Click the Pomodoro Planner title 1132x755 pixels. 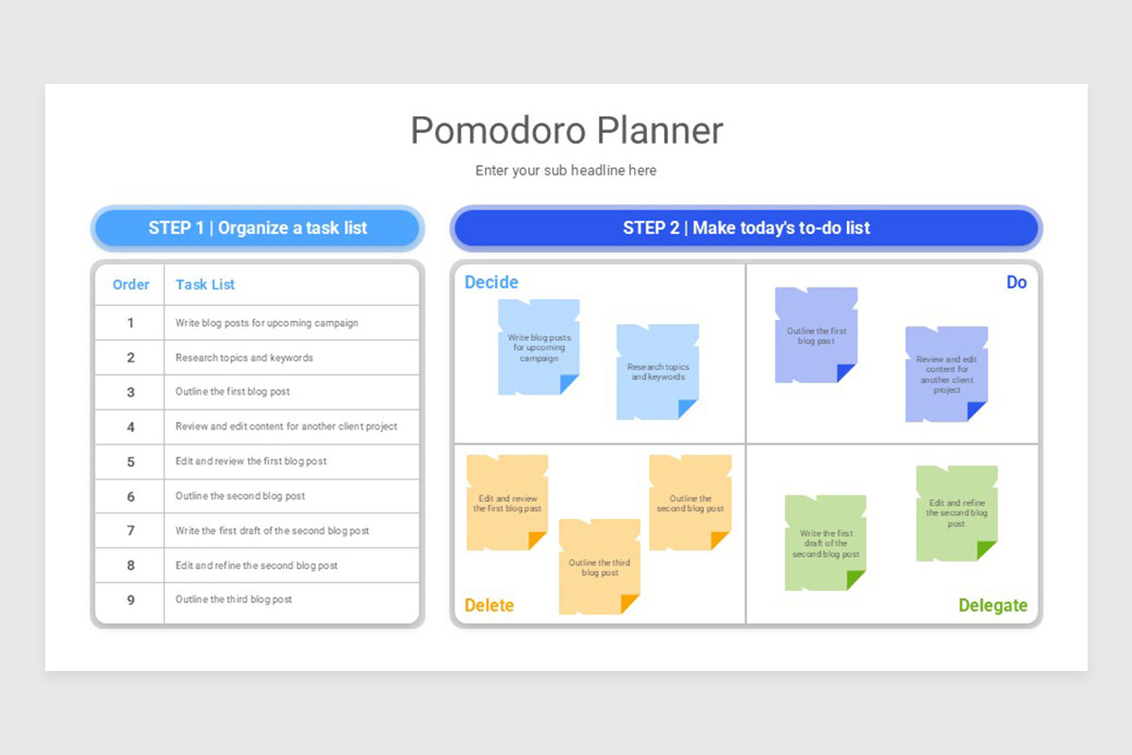click(x=566, y=130)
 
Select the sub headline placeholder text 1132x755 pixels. click(x=566, y=171)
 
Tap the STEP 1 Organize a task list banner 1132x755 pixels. click(x=258, y=227)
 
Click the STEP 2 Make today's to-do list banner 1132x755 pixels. click(x=746, y=227)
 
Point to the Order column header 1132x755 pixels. click(x=131, y=284)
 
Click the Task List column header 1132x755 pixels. click(x=205, y=284)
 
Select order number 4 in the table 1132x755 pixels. click(x=131, y=427)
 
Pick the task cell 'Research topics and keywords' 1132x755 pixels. click(x=244, y=358)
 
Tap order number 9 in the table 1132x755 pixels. click(x=131, y=599)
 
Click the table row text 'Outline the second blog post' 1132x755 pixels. click(x=241, y=496)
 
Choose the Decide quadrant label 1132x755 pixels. click(x=491, y=282)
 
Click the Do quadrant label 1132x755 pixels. click(x=1016, y=282)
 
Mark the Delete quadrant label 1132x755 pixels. click(x=490, y=605)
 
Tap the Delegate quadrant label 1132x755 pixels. click(x=992, y=605)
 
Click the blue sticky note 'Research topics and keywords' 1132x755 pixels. click(x=658, y=372)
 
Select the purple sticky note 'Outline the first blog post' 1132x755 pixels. click(x=816, y=336)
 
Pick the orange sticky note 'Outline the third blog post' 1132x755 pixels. click(x=599, y=567)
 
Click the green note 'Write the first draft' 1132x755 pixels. click(x=825, y=543)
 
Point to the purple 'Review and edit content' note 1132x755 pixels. click(x=946, y=374)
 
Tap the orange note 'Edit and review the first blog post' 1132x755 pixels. click(x=507, y=503)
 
